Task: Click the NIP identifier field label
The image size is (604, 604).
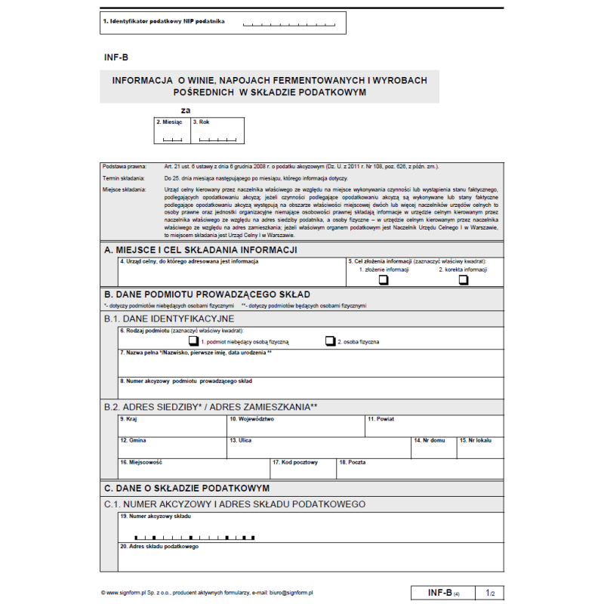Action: (164, 22)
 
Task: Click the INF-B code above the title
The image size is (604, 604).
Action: (116, 57)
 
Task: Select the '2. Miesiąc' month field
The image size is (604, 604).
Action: (172, 131)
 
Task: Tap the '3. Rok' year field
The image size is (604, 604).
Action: (217, 131)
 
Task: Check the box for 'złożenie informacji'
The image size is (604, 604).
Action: (384, 280)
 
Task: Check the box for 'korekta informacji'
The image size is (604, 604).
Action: (464, 280)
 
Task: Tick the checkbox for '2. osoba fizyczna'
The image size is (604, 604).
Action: (330, 341)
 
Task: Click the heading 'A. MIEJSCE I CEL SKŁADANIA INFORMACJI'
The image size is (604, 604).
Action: (201, 250)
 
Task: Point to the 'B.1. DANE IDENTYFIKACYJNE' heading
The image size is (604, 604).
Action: (169, 319)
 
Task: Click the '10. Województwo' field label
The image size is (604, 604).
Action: (252, 418)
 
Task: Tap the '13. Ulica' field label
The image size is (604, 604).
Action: (241, 440)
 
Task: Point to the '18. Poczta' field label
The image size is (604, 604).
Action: (353, 462)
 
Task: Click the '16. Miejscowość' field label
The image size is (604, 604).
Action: (141, 462)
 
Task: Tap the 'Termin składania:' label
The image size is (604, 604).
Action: (120, 177)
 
